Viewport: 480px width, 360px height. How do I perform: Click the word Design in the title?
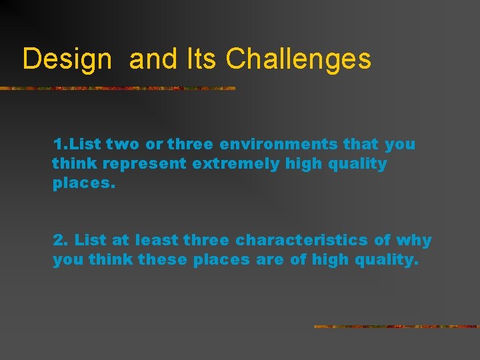pyautogui.click(x=67, y=59)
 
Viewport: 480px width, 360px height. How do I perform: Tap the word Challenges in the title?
pyautogui.click(x=298, y=59)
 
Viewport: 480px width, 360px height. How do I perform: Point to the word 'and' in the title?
pyautogui.click(x=152, y=59)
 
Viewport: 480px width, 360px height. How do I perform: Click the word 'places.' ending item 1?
pyautogui.click(x=84, y=183)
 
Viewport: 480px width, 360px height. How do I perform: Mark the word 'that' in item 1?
pyautogui.click(x=362, y=144)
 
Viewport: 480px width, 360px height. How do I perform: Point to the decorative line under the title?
pyautogui.click(x=117, y=88)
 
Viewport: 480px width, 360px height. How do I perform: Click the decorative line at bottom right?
pyautogui.click(x=397, y=327)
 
